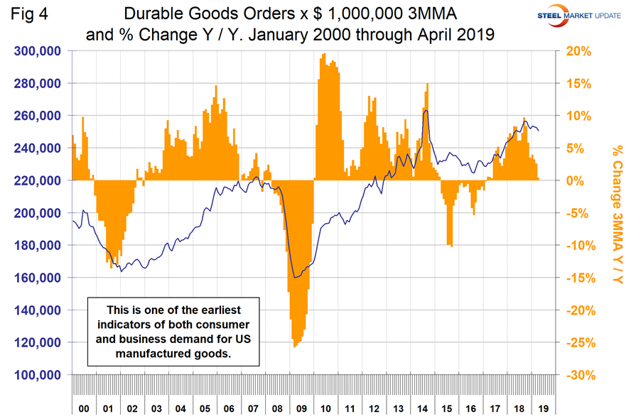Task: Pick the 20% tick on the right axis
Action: [578, 51]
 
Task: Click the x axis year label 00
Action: [84, 410]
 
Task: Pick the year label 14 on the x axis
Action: [425, 410]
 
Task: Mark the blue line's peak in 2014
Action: [426, 110]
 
